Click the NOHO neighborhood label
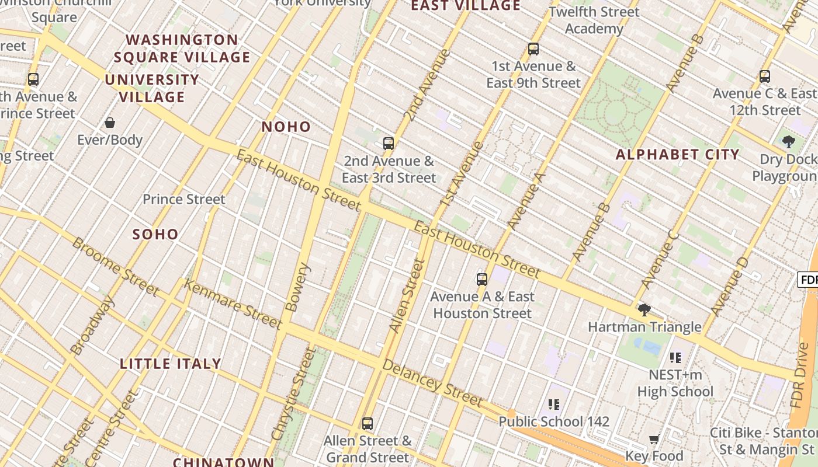286,127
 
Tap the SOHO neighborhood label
155,234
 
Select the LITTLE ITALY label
171,364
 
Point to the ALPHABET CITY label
678,155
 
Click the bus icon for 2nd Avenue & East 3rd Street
389,143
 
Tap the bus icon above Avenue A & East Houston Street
481,279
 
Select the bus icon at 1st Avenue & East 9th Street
533,49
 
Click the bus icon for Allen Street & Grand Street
367,423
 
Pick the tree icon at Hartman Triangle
644,309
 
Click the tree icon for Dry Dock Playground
788,141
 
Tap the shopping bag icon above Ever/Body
109,123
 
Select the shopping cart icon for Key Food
654,438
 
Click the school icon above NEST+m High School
675,357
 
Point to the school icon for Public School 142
554,404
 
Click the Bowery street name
299,287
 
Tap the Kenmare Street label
233,303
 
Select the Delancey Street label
432,383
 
